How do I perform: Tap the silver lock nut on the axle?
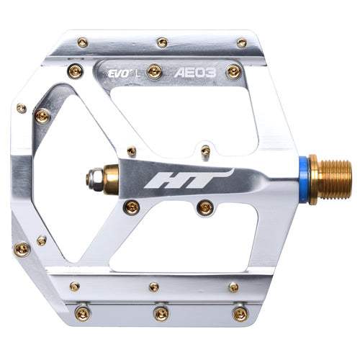coord(94,176)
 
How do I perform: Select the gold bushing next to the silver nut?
coord(112,176)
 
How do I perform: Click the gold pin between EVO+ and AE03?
coord(153,71)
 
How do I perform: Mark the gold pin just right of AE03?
coord(233,71)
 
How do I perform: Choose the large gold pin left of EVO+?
coord(74,71)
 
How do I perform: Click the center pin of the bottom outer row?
coord(159,312)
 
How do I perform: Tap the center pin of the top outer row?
coord(162,42)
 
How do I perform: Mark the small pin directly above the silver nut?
coord(131,151)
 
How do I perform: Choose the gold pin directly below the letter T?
coord(205,207)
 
